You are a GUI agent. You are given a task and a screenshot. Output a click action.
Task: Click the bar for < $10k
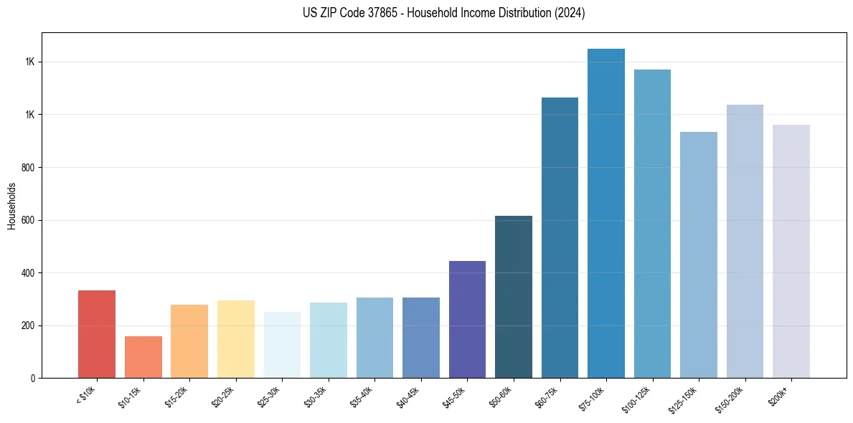pos(97,334)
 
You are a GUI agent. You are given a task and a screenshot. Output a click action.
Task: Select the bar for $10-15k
pos(143,357)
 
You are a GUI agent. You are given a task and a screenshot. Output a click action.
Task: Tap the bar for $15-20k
pos(189,341)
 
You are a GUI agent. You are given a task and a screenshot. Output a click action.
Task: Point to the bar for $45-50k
pos(467,320)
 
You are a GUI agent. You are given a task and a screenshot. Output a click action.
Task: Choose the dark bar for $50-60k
pos(514,297)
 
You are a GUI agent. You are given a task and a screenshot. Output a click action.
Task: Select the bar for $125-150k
pos(699,255)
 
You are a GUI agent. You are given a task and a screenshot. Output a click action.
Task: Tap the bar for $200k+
pos(791,252)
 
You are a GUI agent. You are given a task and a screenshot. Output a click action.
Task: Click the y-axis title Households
pos(12,206)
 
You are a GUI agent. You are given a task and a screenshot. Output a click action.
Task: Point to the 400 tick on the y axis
pos(29,273)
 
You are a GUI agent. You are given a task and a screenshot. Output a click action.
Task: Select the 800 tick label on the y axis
pos(29,168)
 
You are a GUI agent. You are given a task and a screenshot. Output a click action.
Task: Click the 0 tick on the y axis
pos(33,379)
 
